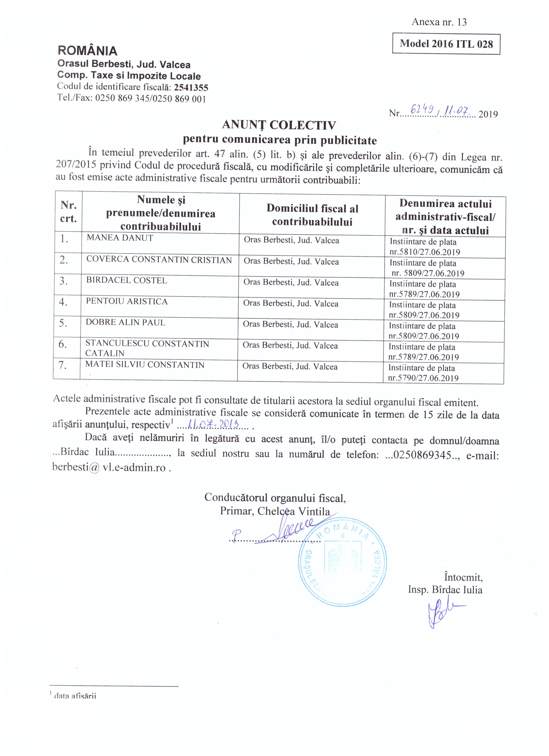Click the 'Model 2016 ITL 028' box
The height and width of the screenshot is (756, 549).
(446, 44)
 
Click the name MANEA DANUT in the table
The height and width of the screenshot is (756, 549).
(120, 238)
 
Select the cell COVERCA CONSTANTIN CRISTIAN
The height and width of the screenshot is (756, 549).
(159, 260)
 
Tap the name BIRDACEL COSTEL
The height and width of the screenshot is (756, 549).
(126, 280)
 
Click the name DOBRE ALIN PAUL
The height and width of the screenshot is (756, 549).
(125, 322)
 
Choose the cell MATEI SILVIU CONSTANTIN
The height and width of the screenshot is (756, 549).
(145, 365)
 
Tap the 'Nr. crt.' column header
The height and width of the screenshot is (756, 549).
(69, 212)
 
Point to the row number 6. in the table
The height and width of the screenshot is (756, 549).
(63, 344)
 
